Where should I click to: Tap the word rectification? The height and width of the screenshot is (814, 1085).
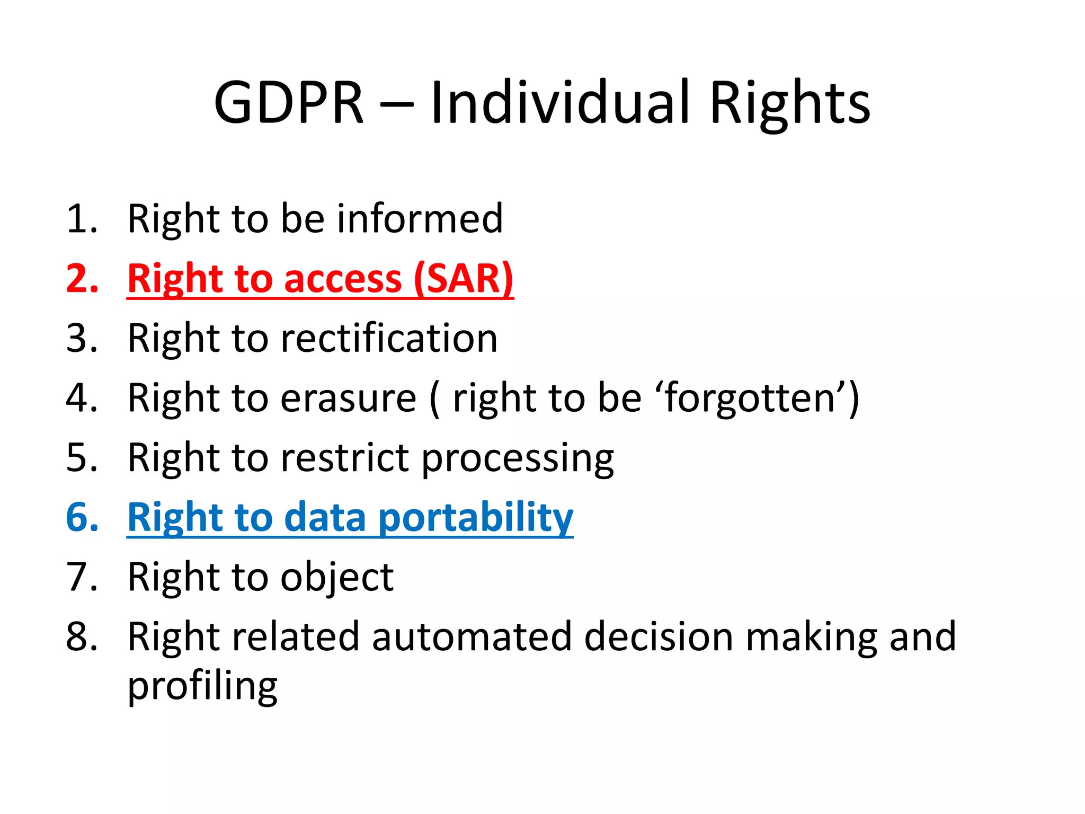pyautogui.click(x=389, y=338)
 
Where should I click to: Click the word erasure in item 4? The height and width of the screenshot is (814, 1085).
pyautogui.click(x=348, y=398)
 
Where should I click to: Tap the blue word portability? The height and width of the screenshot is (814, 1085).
pyautogui.click(x=476, y=518)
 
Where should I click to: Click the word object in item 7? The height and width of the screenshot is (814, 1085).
pyautogui.click(x=337, y=577)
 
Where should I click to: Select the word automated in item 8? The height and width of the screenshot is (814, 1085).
pyautogui.click(x=472, y=636)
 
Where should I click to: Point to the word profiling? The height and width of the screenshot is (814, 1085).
pyautogui.click(x=202, y=686)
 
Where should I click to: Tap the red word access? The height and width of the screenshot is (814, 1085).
pyautogui.click(x=343, y=279)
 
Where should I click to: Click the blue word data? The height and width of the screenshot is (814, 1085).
pyautogui.click(x=325, y=518)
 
